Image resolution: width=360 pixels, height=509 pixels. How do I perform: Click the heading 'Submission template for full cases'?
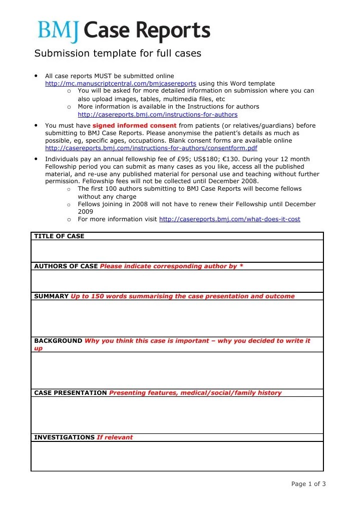pyautogui.click(x=117, y=54)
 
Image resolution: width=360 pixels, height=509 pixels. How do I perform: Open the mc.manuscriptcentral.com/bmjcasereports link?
pyautogui.click(x=120, y=84)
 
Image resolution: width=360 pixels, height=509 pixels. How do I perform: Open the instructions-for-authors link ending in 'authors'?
pyautogui.click(x=157, y=114)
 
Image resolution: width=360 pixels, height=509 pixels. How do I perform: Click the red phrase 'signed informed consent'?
pyautogui.click(x=134, y=126)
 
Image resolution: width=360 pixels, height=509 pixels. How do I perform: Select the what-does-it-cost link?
pyautogui.click(x=229, y=219)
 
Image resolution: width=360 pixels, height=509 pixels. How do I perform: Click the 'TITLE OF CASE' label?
pyautogui.click(x=59, y=236)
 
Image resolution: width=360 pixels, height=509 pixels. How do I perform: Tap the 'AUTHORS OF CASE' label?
pyautogui.click(x=66, y=266)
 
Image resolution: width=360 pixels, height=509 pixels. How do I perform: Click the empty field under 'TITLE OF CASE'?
pyautogui.click(x=177, y=251)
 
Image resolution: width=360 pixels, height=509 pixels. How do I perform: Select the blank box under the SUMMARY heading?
pyautogui.click(x=177, y=318)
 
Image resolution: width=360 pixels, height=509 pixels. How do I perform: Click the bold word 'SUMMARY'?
pyautogui.click(x=51, y=296)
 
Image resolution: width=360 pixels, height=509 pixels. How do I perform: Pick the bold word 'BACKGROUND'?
pyautogui.click(x=58, y=341)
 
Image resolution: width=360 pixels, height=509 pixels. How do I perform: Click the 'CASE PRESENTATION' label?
pyautogui.click(x=70, y=393)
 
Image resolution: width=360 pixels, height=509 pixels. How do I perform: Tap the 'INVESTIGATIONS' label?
pyautogui.click(x=64, y=437)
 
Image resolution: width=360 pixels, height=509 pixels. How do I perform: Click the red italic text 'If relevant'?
pyautogui.click(x=115, y=437)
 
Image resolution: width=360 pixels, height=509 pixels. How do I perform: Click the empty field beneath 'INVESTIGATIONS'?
pyautogui.click(x=177, y=456)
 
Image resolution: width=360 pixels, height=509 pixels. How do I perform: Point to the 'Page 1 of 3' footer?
pyautogui.click(x=308, y=483)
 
